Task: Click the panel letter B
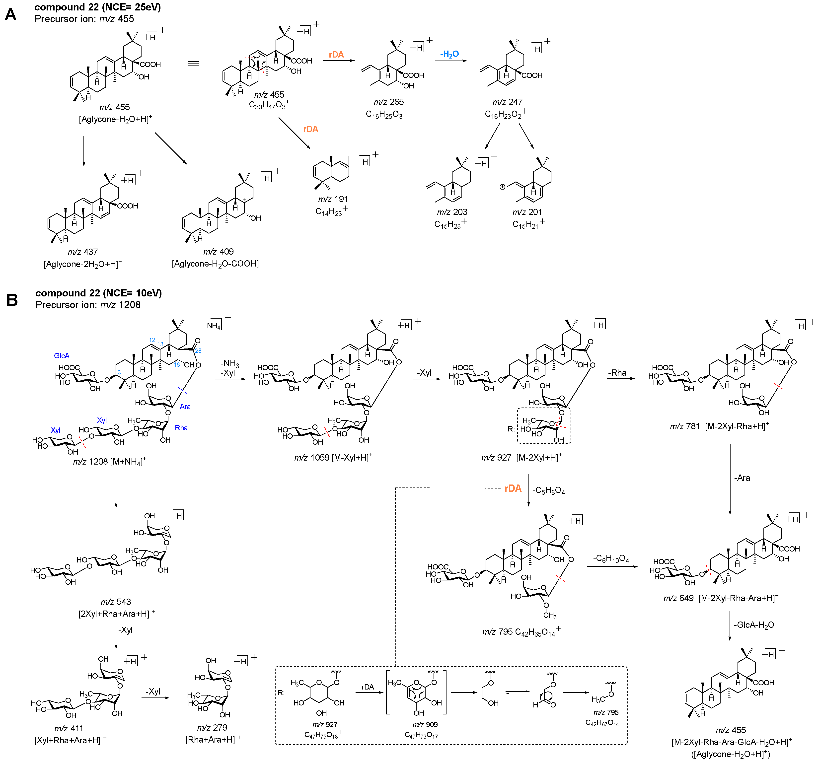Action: pyautogui.click(x=12, y=300)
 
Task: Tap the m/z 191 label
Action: pyautogui.click(x=333, y=199)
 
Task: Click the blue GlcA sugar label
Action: pyautogui.click(x=62, y=355)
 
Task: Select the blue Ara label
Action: pyautogui.click(x=185, y=407)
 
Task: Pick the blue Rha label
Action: pyautogui.click(x=181, y=427)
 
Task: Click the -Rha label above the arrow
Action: pyautogui.click(x=617, y=373)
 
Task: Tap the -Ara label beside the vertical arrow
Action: pyautogui.click(x=742, y=478)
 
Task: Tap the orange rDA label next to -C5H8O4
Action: pyautogui.click(x=513, y=488)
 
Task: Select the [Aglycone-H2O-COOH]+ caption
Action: pyautogui.click(x=217, y=264)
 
